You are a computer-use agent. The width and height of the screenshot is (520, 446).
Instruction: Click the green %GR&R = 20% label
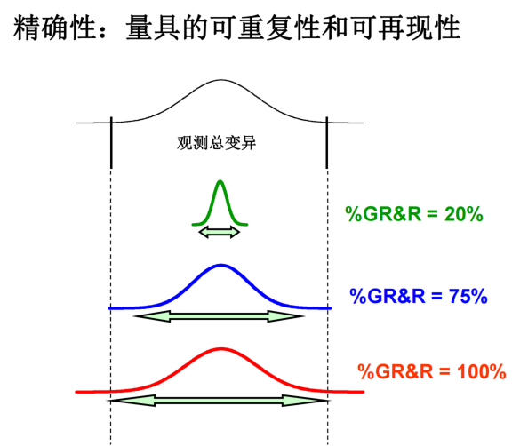pyautogui.click(x=414, y=214)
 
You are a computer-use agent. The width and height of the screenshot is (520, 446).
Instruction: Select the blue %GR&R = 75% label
pyautogui.click(x=419, y=296)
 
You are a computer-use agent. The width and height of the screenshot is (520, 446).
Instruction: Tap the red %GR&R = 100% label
pyautogui.click(x=432, y=371)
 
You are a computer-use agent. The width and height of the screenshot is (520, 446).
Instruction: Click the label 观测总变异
pyautogui.click(x=217, y=143)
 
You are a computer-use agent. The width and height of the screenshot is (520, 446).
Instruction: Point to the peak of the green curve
pyautogui.click(x=220, y=181)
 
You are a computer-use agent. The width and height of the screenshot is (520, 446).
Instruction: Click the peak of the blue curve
pyautogui.click(x=220, y=265)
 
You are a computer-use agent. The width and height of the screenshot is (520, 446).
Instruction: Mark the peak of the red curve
pyautogui.click(x=220, y=348)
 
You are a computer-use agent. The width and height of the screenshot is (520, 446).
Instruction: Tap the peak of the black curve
pyautogui.click(x=220, y=80)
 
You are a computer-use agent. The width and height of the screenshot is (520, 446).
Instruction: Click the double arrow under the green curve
pyautogui.click(x=220, y=232)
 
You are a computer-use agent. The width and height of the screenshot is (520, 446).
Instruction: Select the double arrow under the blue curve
pyautogui.click(x=219, y=316)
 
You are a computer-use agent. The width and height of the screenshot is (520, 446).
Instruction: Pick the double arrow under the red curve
pyautogui.click(x=219, y=401)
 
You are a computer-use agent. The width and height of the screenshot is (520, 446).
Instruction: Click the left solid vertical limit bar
pyautogui.click(x=111, y=142)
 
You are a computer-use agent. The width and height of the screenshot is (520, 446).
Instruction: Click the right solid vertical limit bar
pyautogui.click(x=327, y=142)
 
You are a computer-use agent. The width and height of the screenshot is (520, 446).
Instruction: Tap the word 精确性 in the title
pyautogui.click(x=55, y=28)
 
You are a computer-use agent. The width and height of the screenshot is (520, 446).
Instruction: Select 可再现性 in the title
pyautogui.click(x=406, y=28)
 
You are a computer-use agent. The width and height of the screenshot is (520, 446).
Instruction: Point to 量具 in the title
pyautogui.click(x=153, y=28)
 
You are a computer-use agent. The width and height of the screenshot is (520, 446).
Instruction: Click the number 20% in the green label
pyautogui.click(x=464, y=214)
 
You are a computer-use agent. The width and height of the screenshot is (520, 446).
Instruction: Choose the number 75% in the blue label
pyautogui.click(x=468, y=296)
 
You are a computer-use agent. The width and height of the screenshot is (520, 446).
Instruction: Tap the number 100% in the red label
pyautogui.click(x=482, y=371)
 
